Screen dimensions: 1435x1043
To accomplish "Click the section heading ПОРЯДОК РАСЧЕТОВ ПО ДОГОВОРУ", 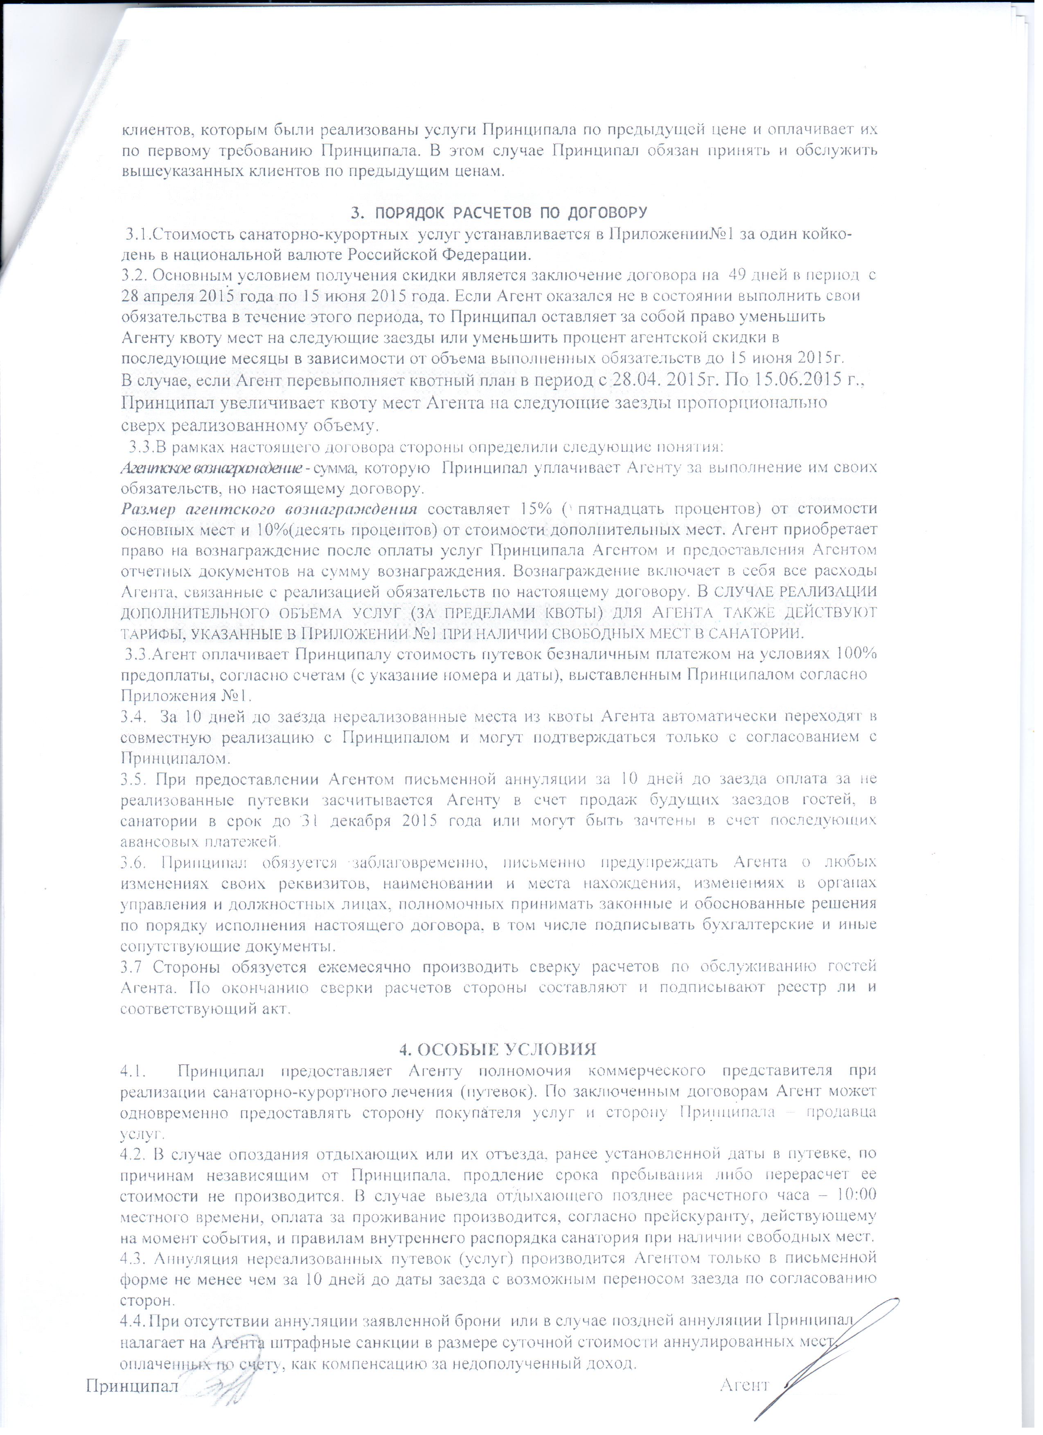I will click(499, 211).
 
